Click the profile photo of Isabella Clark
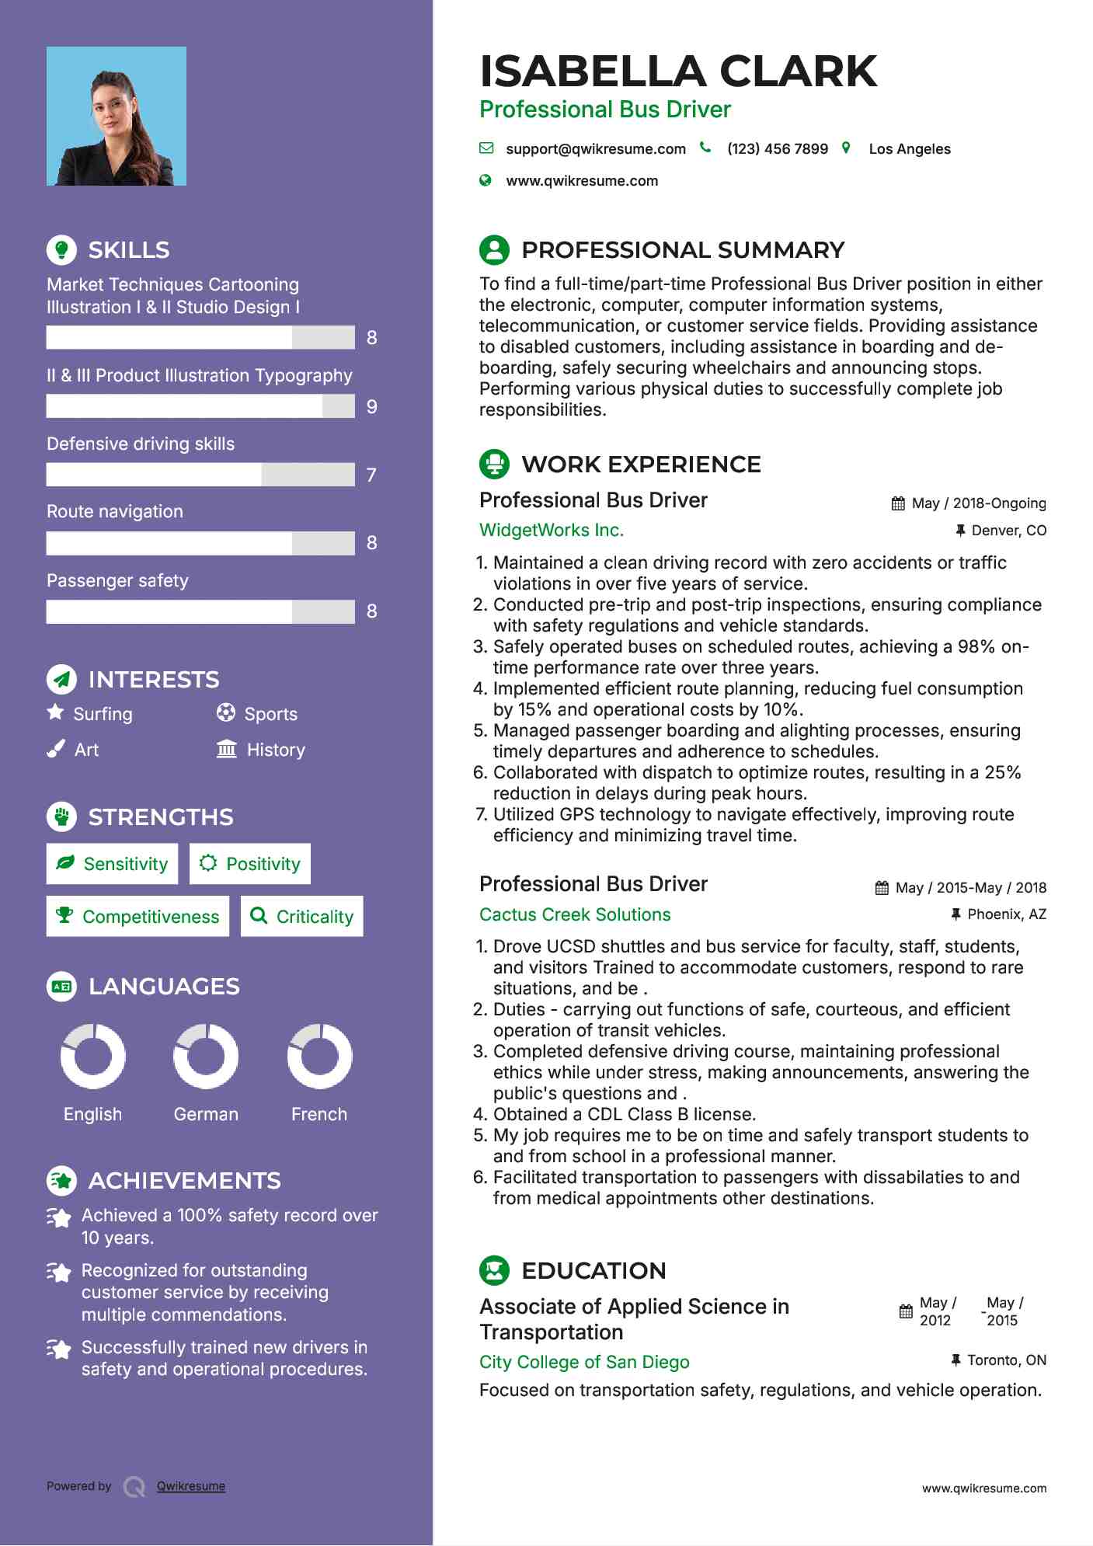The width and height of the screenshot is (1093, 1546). point(117,117)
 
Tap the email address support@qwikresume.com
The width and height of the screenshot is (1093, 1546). point(595,149)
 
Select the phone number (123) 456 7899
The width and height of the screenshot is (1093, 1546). point(777,149)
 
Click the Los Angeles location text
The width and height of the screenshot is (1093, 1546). point(909,149)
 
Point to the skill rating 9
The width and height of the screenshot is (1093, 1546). point(372,407)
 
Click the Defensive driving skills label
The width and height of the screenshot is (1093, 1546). point(141,444)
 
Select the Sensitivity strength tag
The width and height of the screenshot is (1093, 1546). point(113,864)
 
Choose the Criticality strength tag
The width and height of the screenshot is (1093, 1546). point(302,917)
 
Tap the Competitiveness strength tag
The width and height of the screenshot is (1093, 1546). point(138,917)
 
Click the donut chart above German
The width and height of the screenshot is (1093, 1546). point(206,1057)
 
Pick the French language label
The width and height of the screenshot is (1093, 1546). point(319,1114)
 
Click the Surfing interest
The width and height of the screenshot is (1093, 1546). point(103,714)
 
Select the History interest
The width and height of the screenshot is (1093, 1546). point(275,750)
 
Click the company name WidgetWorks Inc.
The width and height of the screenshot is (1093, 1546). point(552,531)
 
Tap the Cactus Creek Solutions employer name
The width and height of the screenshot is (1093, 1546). point(575,914)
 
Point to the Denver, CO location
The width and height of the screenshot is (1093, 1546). point(1008,531)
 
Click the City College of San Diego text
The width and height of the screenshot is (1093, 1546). point(584,1362)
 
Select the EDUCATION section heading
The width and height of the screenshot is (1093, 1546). point(593,1271)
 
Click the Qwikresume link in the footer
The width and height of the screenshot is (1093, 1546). point(191,1486)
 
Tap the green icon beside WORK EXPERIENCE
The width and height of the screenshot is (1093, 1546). point(494,465)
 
